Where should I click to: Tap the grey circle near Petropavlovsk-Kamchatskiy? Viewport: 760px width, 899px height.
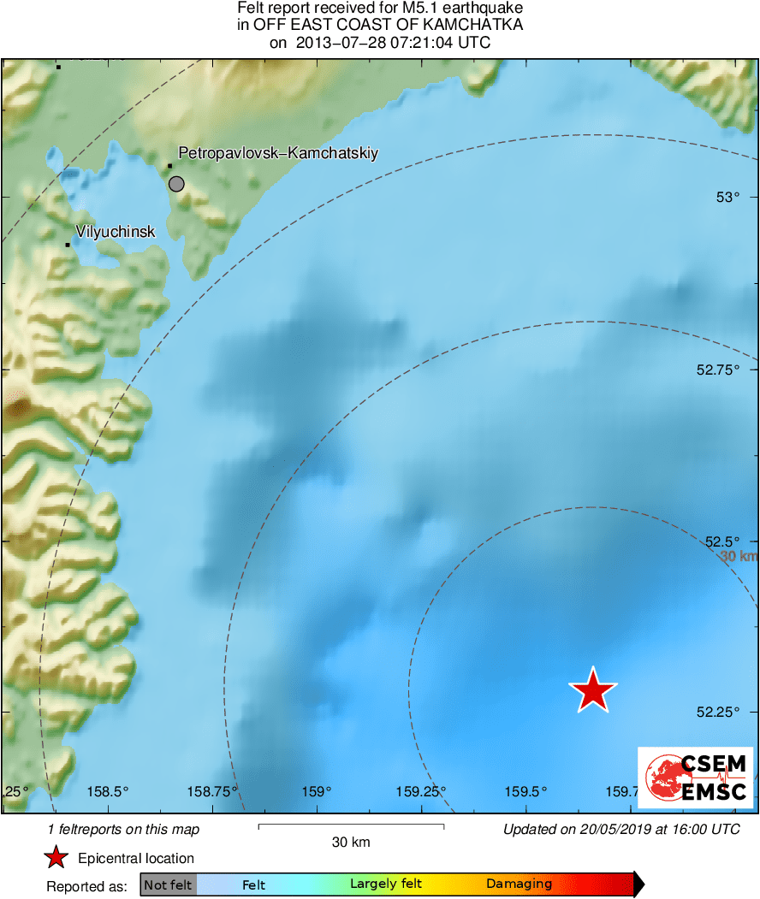pos(176,183)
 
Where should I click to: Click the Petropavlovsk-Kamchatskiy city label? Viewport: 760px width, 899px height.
pos(278,153)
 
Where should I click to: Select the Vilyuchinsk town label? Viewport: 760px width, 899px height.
pos(116,231)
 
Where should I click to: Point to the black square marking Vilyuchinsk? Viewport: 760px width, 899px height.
pos(68,245)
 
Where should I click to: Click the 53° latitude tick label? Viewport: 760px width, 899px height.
pos(727,198)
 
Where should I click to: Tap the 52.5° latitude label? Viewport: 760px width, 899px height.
pos(721,541)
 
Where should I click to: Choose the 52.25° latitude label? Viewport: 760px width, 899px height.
pos(718,713)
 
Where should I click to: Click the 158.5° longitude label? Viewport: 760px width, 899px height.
pos(108,791)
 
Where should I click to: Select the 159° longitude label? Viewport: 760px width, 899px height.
pos(317,791)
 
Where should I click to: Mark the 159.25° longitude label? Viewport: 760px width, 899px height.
pos(420,791)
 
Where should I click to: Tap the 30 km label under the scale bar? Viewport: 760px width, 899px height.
pos(351,843)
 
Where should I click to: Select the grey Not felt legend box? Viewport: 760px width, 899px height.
pos(168,884)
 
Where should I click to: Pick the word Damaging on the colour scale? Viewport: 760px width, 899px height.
pos(519,884)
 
